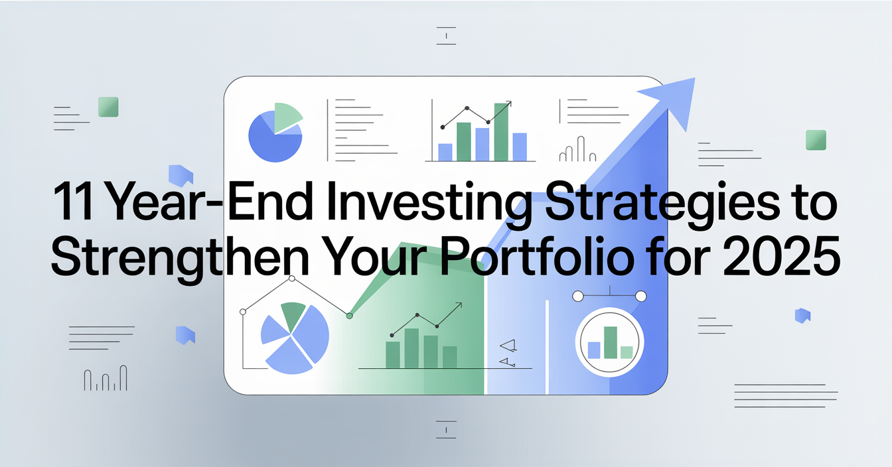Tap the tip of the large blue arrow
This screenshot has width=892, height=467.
[x=694, y=78]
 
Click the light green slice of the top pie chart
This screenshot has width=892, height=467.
[x=287, y=117]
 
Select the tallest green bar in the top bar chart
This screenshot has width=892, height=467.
[x=501, y=132]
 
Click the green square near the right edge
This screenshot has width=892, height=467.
[x=816, y=140]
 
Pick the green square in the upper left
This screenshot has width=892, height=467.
[x=108, y=107]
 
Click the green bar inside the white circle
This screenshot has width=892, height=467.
[x=611, y=343]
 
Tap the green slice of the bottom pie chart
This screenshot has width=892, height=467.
[x=293, y=315]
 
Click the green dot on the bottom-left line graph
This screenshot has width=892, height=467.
[x=349, y=316]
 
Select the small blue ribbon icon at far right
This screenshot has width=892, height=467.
[x=803, y=316]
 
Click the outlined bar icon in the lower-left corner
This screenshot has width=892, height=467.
[x=106, y=378]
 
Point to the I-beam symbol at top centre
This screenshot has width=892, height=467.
[x=446, y=36]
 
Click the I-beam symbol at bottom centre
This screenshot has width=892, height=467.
[x=446, y=430]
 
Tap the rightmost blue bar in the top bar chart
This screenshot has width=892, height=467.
[x=520, y=147]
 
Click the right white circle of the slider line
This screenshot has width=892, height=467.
[x=640, y=297]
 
